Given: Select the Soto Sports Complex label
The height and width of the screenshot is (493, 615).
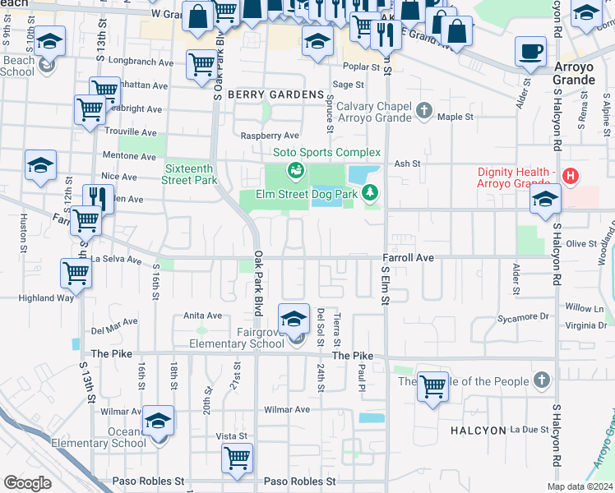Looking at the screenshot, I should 326,152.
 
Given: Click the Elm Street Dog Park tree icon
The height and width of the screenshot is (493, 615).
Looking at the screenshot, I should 370,193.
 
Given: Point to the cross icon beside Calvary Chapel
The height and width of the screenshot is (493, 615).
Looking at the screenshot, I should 424,110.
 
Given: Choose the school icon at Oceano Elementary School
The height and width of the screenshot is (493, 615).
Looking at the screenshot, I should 158,422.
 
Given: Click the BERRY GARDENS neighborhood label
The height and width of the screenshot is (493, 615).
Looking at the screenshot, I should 275,94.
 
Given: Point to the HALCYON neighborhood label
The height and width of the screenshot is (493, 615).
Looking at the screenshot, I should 476,430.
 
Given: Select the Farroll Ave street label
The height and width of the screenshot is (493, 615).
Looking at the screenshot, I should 408,258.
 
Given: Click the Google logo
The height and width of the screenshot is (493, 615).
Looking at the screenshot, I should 28,482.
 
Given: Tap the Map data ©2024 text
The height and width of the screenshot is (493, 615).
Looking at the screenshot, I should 580,486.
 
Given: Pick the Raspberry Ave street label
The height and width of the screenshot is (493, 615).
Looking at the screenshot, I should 269,136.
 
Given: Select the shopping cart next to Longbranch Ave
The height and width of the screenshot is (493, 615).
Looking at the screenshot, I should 201,65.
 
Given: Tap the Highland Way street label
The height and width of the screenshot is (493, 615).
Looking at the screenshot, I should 48,298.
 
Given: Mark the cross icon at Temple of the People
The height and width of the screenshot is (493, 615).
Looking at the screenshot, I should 540,380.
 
